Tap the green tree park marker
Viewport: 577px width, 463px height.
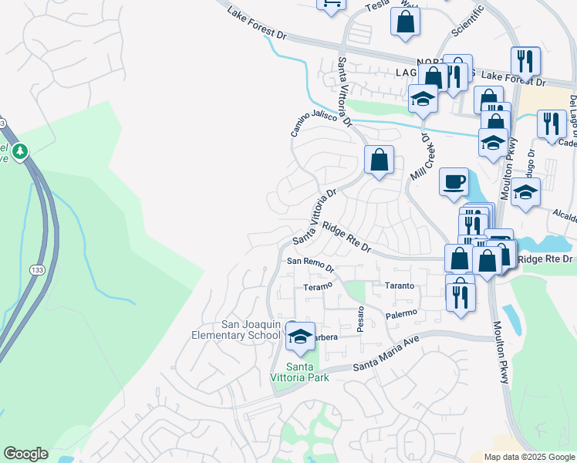pyautogui.click(x=21, y=150)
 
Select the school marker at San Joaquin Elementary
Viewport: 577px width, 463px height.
pyautogui.click(x=300, y=336)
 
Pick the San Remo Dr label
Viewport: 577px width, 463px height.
pyautogui.click(x=310, y=265)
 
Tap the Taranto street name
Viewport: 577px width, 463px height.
pyautogui.click(x=400, y=286)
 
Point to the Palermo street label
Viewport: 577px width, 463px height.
pyautogui.click(x=400, y=314)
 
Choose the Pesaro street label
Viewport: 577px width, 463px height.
pyautogui.click(x=360, y=318)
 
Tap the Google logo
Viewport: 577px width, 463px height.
pyautogui.click(x=25, y=454)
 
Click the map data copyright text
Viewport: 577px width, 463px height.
pyautogui.click(x=529, y=457)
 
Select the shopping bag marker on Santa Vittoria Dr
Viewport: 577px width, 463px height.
pyautogui.click(x=380, y=161)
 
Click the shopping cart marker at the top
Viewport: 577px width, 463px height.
pyautogui.click(x=332, y=4)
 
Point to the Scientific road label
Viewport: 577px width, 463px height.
pyautogui.click(x=467, y=19)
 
